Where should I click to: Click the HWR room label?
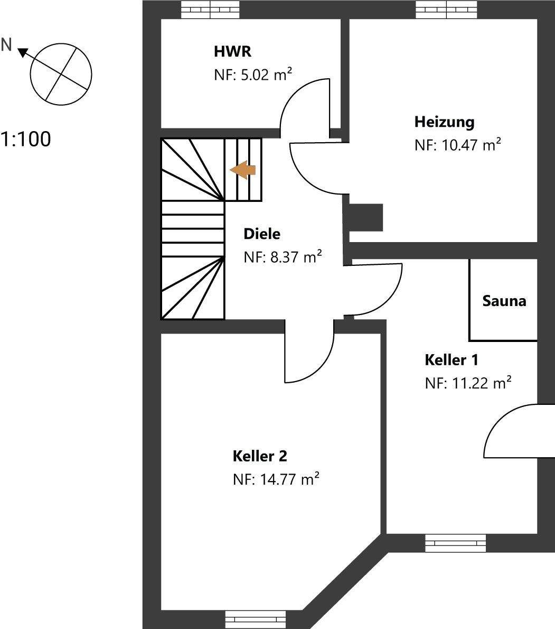coord(232,52)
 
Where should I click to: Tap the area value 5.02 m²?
coord(253,75)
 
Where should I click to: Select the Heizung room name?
coord(444,122)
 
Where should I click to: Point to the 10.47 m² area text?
coord(457,145)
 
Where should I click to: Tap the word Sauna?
coord(504,301)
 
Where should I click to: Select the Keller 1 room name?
coord(451,360)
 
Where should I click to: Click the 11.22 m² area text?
coord(468,383)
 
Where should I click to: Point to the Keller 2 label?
coord(260,456)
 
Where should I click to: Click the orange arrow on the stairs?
coord(243,170)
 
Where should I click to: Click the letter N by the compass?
coord(6,45)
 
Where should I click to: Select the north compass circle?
coord(61,72)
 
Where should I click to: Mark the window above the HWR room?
coord(210,9)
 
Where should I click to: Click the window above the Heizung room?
coord(446,9)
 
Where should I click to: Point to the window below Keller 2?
coord(255,619)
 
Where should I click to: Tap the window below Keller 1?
coord(455,543)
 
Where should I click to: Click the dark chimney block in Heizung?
coord(365,217)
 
